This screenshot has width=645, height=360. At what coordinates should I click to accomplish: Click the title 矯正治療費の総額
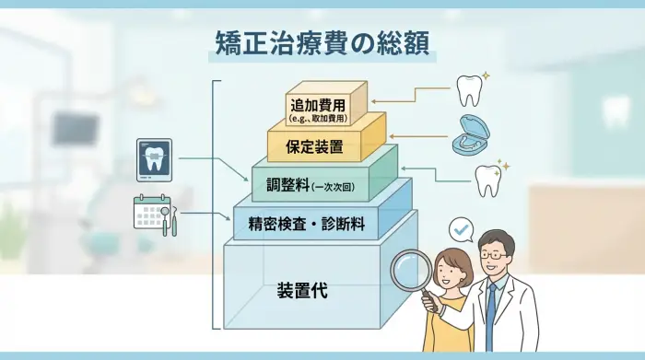(322, 42)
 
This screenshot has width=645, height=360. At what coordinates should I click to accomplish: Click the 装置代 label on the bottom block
(302, 292)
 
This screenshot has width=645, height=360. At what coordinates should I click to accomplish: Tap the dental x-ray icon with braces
(154, 157)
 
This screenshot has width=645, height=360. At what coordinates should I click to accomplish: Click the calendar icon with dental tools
(154, 215)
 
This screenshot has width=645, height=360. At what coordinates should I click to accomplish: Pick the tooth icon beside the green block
(488, 178)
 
